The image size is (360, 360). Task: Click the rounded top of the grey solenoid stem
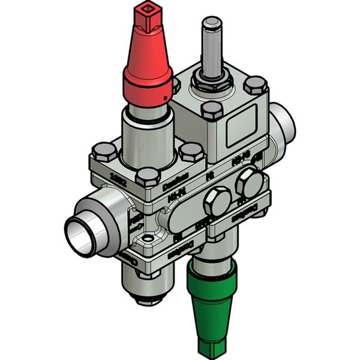[x=211, y=24]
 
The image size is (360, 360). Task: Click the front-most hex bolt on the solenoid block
[x=213, y=110]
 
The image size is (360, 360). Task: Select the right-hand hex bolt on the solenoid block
[x=256, y=85]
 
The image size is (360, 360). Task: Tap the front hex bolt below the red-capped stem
[x=147, y=177]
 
